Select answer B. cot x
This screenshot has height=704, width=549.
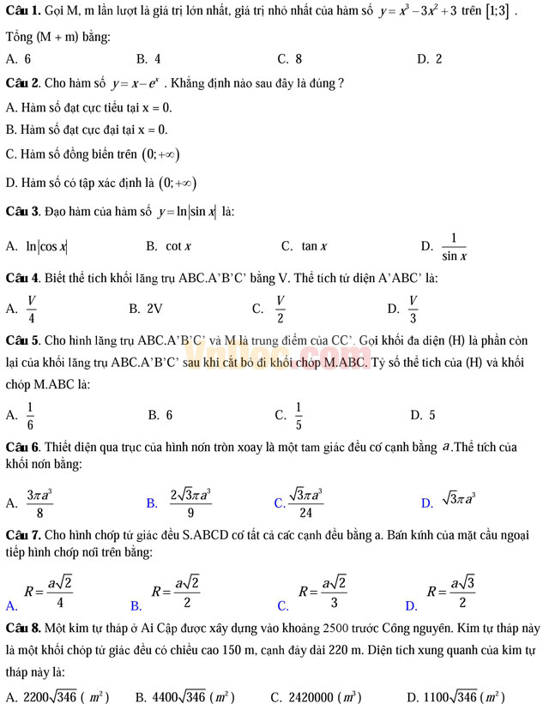pos(169,247)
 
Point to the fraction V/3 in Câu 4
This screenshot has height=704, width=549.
pos(413,309)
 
